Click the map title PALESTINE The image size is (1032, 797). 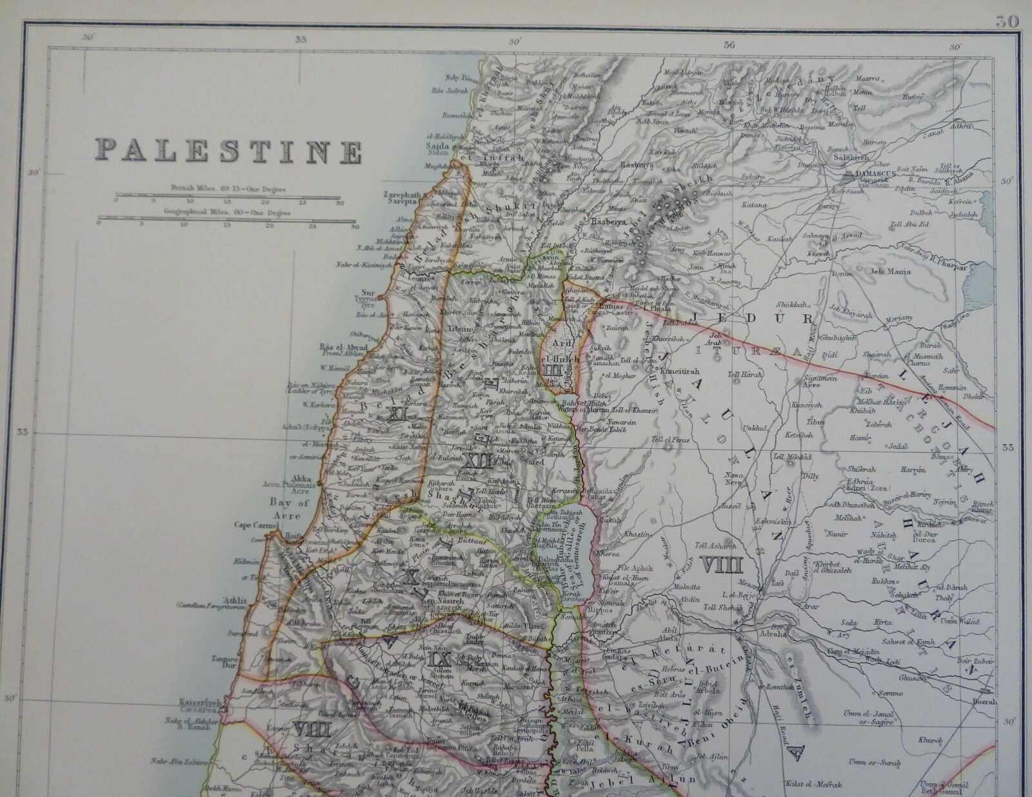[228, 152]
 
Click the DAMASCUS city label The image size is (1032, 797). [871, 175]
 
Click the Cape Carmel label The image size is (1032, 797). [255, 526]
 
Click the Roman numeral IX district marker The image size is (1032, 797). [437, 658]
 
